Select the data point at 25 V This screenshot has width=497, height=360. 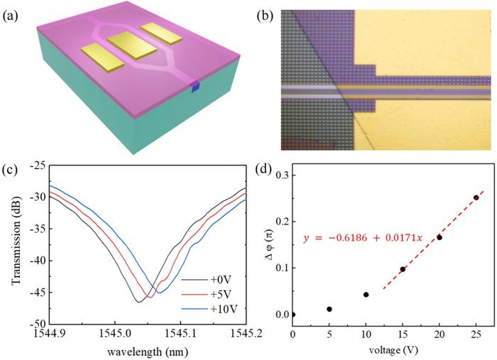[x=476, y=197]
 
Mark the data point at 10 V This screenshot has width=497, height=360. [x=366, y=294]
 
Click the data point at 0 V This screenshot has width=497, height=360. [x=293, y=314]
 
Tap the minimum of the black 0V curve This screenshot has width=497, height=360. [x=139, y=302]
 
